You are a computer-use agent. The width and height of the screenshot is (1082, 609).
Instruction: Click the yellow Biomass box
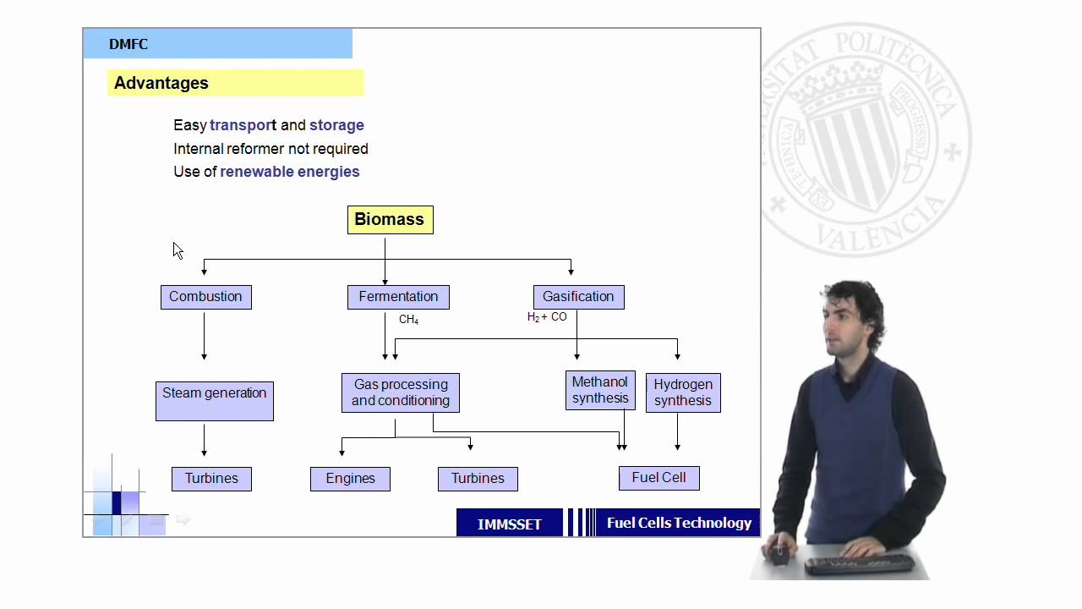(x=391, y=220)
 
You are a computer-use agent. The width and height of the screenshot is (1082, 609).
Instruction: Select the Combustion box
(x=206, y=297)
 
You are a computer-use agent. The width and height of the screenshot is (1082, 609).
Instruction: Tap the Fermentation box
(x=398, y=297)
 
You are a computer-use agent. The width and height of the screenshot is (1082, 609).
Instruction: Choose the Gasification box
(x=579, y=297)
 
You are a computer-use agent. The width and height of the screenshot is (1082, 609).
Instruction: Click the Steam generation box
(x=215, y=401)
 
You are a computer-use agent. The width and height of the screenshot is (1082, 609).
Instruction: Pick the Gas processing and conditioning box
(x=401, y=393)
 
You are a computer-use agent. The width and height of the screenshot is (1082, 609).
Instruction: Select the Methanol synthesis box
(x=600, y=391)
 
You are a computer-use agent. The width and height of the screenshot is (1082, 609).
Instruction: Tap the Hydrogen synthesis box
(x=683, y=393)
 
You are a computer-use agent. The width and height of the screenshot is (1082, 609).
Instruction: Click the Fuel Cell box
(x=658, y=478)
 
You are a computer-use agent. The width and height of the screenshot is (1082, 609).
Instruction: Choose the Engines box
(x=350, y=479)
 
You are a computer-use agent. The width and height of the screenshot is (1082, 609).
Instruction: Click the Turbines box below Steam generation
(x=211, y=479)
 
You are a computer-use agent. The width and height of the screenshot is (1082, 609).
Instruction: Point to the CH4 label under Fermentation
(x=408, y=320)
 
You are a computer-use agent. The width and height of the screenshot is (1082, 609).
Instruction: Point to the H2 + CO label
(x=547, y=317)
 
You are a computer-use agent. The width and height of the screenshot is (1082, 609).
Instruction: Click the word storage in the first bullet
(x=336, y=125)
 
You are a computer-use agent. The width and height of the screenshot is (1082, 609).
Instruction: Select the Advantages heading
(x=161, y=83)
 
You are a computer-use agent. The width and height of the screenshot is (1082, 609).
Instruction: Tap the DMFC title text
(x=128, y=44)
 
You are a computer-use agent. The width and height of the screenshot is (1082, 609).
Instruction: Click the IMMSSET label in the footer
(x=510, y=524)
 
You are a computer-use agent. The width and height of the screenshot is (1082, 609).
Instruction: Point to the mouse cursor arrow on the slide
(x=178, y=250)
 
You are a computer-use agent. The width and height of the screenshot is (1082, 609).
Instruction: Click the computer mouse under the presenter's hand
(x=779, y=554)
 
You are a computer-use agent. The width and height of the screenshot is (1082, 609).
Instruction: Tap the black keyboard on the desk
(x=860, y=564)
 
